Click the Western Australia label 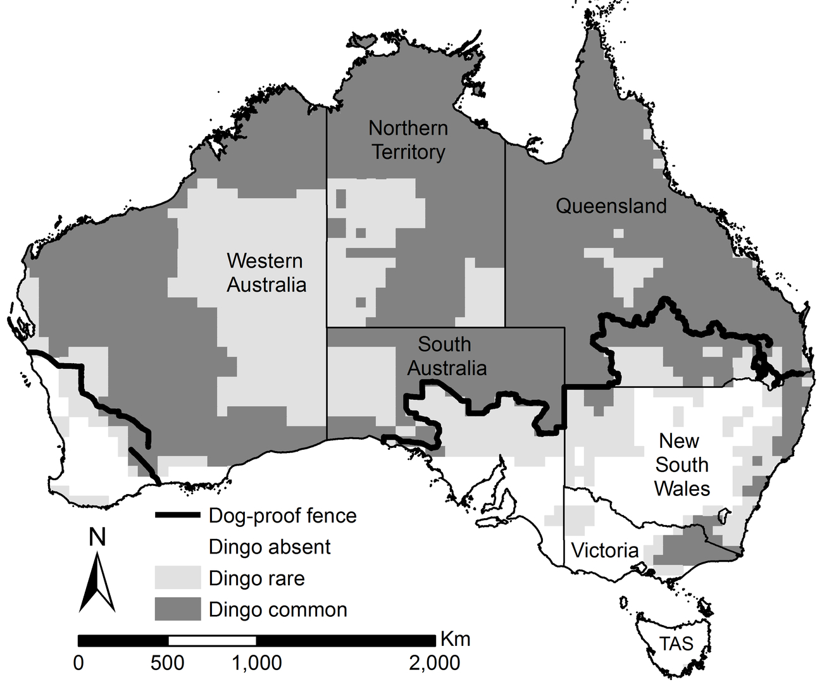[x=266, y=273]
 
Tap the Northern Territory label [x=408, y=140]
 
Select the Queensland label [x=611, y=206]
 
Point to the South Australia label [x=446, y=356]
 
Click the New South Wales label [x=681, y=464]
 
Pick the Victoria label [x=604, y=550]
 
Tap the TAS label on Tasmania [x=676, y=644]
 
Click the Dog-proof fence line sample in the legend [x=178, y=516]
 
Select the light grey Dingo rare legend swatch [x=178, y=578]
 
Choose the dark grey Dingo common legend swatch [x=178, y=609]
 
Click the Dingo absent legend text [x=270, y=547]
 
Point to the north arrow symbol [x=97, y=582]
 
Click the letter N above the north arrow [x=97, y=538]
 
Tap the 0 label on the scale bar [x=78, y=663]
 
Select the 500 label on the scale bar [x=168, y=663]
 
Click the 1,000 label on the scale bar [x=256, y=663]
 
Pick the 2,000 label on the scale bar [x=434, y=663]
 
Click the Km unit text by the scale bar [x=455, y=639]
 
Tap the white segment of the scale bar [x=212, y=640]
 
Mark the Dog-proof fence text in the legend [x=282, y=516]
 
